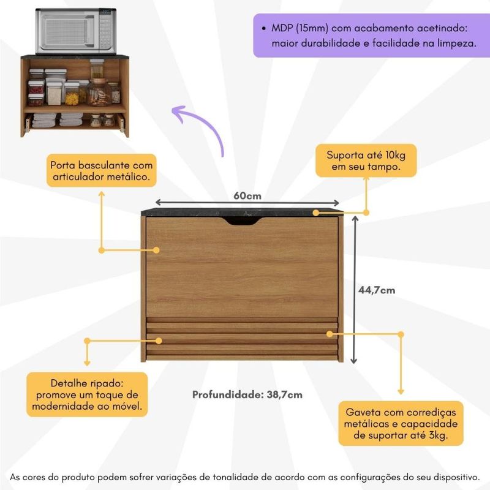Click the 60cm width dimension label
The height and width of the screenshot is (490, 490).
(247, 195)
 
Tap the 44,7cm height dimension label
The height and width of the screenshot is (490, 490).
(377, 290)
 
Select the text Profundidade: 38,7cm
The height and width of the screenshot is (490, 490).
(247, 394)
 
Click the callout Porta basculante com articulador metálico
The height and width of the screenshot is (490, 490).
(101, 171)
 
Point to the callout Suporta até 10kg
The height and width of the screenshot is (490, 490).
(366, 160)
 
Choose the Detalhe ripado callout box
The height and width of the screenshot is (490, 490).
(87, 394)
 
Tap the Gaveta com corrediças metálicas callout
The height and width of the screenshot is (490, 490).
(401, 423)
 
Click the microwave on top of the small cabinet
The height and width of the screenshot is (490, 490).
(76, 31)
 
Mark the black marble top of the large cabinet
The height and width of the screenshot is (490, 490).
(243, 212)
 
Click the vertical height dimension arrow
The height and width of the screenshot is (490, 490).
(355, 289)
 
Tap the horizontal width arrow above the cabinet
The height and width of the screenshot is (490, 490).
(247, 203)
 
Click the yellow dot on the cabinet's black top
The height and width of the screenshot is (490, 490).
(316, 213)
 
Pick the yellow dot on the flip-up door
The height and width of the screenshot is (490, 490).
(156, 250)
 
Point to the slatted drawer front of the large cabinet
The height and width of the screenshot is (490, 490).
(242, 339)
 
